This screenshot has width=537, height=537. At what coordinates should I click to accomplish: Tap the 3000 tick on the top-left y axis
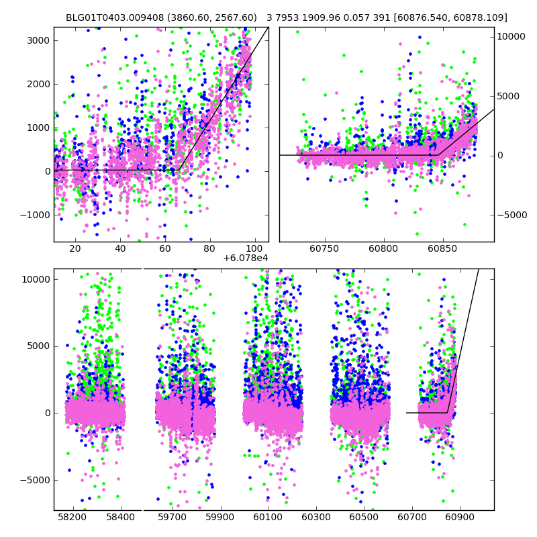click(37, 40)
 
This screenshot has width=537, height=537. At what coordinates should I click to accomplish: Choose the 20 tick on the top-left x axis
click(75, 248)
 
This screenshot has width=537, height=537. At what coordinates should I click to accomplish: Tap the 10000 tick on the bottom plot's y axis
click(35, 279)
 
